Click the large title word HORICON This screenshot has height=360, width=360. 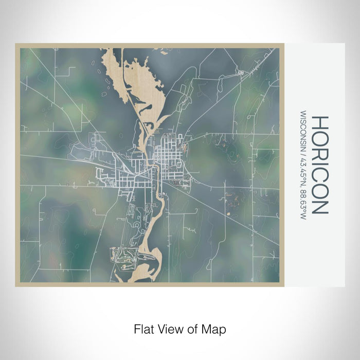pos(319,165)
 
